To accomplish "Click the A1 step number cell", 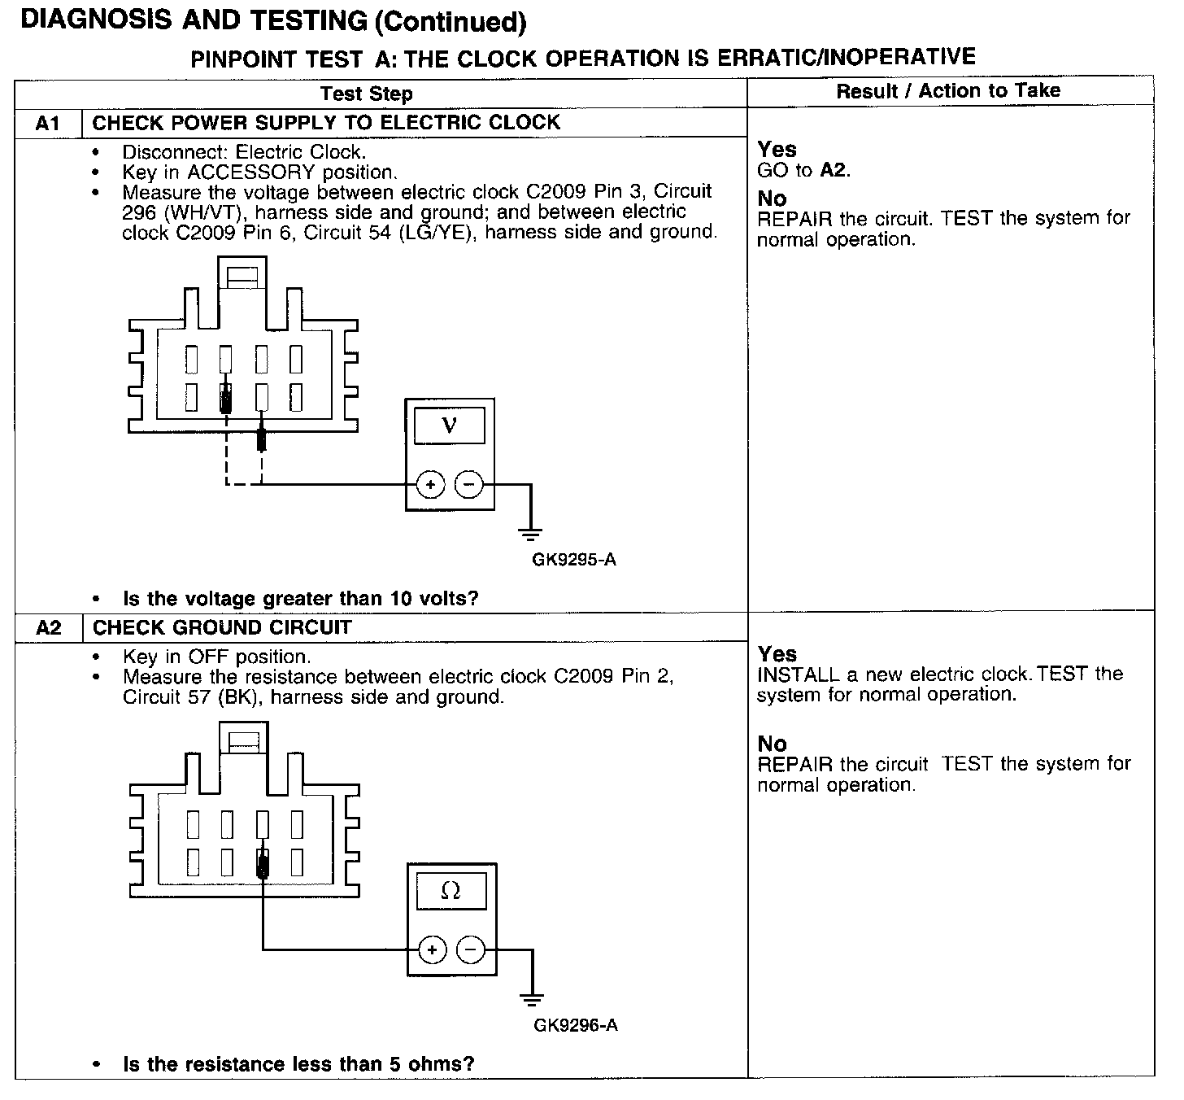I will coord(48,124).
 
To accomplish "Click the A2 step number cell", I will coord(49,628).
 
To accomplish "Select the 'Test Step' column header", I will coord(366,94).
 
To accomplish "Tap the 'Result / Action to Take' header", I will coord(948,91).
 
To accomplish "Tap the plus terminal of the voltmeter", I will coord(430,486).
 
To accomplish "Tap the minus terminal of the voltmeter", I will coord(468,486).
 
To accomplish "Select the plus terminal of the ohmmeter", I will coord(432,950).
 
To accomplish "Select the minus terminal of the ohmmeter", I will coord(470,950).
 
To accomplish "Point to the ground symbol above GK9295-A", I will coord(530,534).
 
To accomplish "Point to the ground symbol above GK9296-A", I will coord(532,999).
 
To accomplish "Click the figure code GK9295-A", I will coord(574,560).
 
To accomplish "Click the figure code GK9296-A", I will coord(576,1025).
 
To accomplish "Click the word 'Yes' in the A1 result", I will coord(777,150).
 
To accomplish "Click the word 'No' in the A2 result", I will coord(772,744).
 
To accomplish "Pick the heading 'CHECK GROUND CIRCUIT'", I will coord(222,628).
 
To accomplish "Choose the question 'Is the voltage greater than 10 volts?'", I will coord(300,600).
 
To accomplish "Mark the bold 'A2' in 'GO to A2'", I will coord(834,170).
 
